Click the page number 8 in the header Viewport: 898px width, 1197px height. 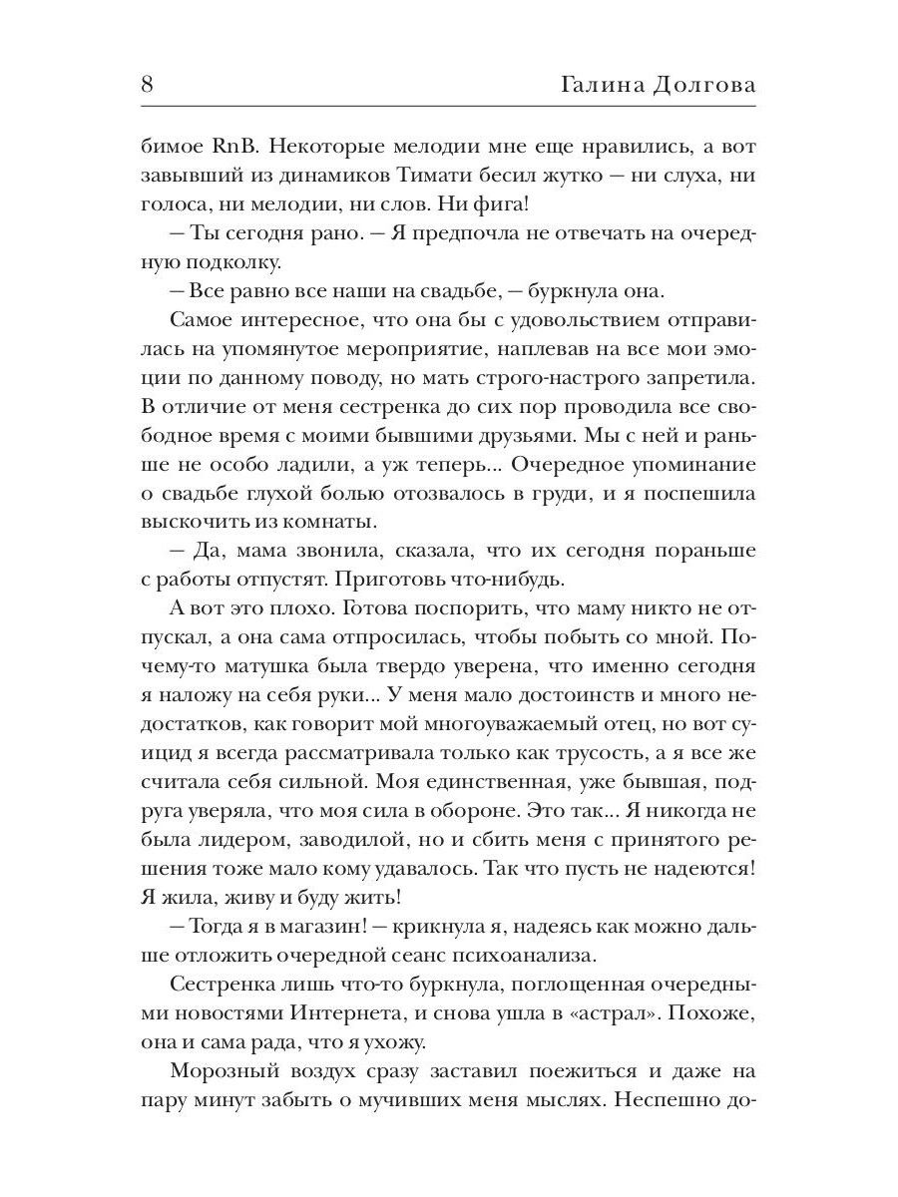click(x=148, y=84)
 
